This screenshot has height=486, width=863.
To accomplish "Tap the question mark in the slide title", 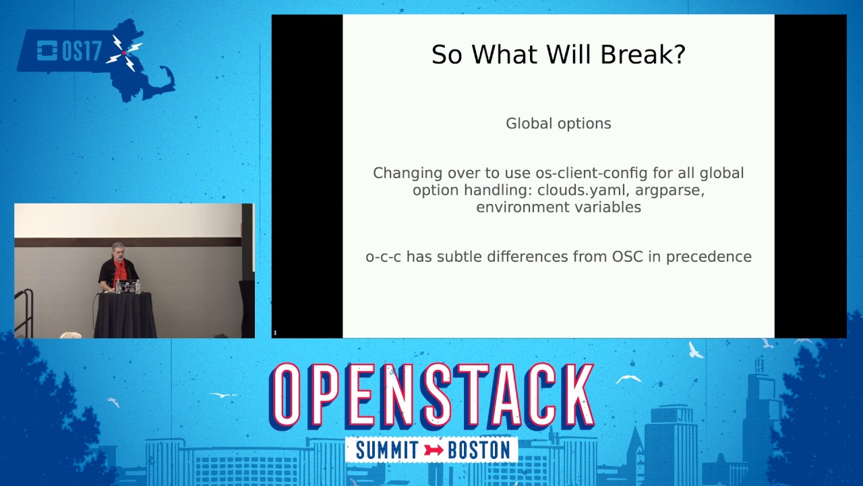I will (678, 55).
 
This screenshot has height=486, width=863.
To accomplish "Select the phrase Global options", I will (558, 124).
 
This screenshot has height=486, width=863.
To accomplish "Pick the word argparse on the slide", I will (669, 190).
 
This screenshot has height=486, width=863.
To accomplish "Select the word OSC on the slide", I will (628, 257).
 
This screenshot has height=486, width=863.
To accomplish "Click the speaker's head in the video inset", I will (118, 250).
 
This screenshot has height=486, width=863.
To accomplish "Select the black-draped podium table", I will (125, 314).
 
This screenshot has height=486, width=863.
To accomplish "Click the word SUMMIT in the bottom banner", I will (387, 450).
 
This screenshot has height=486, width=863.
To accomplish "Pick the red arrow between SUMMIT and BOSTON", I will (434, 450).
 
